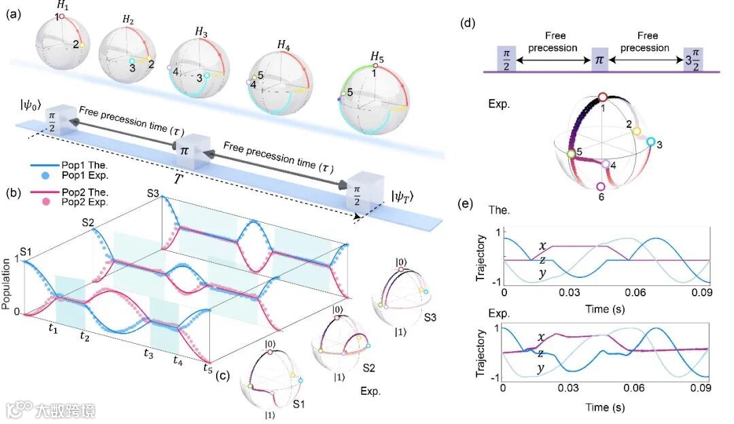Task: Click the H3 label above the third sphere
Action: (x=201, y=32)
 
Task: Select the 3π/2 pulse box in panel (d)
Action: (x=694, y=58)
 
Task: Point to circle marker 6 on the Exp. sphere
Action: (x=600, y=187)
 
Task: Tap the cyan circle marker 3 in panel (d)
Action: (x=650, y=142)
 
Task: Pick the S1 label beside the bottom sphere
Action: (x=297, y=403)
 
